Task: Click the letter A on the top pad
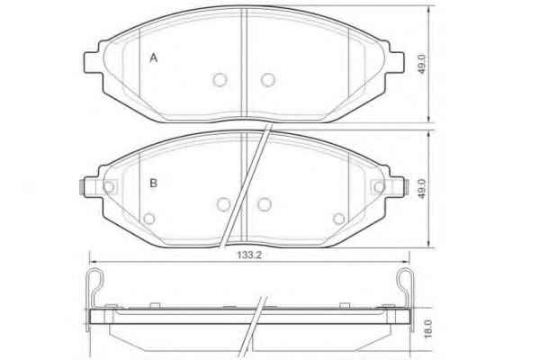(x=154, y=58)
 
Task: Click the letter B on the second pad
(x=153, y=183)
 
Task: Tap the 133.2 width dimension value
(x=249, y=255)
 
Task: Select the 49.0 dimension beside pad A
(x=421, y=64)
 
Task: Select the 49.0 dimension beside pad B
(x=421, y=189)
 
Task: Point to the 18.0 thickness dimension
(x=427, y=328)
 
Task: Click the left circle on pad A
(x=220, y=80)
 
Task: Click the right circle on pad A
(x=267, y=80)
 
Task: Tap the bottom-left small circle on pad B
(x=149, y=219)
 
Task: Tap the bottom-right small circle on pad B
(x=339, y=219)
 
